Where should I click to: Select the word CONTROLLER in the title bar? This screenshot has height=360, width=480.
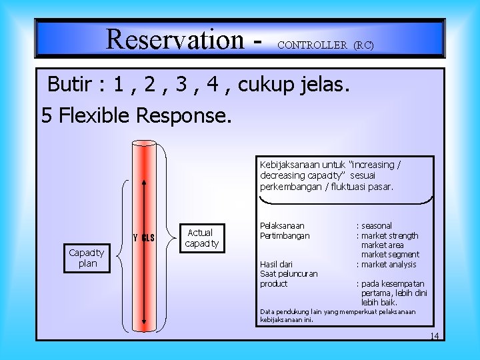(312, 45)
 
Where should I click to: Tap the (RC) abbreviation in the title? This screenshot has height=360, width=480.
(363, 45)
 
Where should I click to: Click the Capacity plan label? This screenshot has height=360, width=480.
(87, 258)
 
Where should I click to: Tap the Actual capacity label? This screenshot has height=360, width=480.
(201, 238)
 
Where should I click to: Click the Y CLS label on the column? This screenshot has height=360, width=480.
(144, 238)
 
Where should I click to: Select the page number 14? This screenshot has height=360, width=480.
(434, 336)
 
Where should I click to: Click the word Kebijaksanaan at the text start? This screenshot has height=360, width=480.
(290, 164)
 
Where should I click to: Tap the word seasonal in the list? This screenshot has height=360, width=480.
(377, 226)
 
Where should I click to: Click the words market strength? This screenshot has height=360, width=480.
(389, 235)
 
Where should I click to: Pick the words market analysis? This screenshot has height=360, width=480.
(389, 264)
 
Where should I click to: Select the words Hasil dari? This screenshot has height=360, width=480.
(276, 264)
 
